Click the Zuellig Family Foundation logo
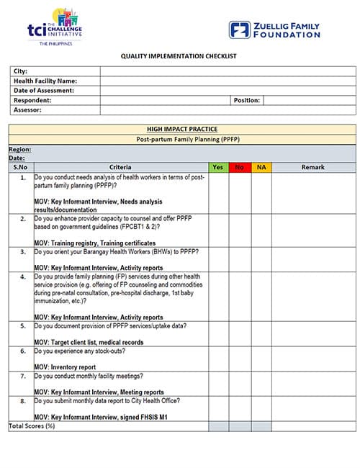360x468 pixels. tap(274, 30)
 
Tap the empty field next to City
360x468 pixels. tap(227, 71)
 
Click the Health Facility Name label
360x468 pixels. tap(45, 81)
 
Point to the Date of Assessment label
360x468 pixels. tap(44, 91)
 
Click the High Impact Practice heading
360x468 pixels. tap(181, 129)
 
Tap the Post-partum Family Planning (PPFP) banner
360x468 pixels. tap(181, 138)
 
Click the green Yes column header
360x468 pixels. tap(218, 168)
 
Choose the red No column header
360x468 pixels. tap(240, 168)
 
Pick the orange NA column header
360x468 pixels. tap(261, 168)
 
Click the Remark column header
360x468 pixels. tap(314, 168)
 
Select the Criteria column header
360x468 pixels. tap(120, 168)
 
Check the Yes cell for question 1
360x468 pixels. tap(218, 192)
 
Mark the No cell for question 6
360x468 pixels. tap(240, 359)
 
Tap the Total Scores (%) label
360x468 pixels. tap(32, 426)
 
